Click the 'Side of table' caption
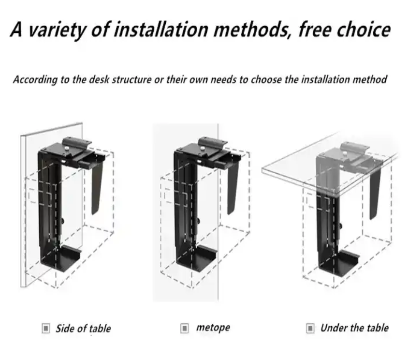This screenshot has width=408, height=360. [x=83, y=329]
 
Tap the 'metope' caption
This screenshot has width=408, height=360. [x=213, y=328]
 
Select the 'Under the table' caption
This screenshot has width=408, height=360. [x=354, y=328]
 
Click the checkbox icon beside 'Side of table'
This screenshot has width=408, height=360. [x=46, y=329]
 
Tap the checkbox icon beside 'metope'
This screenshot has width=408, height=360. [x=184, y=329]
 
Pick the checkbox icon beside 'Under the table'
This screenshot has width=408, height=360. [x=310, y=329]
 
